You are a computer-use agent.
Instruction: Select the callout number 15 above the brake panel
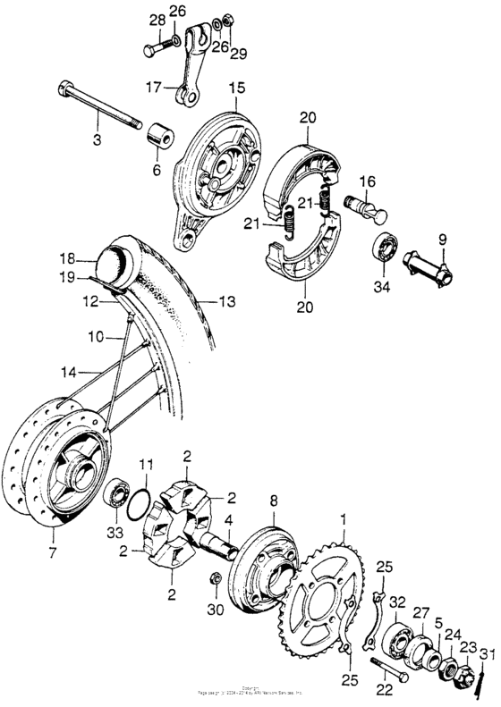coord(236,88)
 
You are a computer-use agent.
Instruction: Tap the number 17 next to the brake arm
coord(153,87)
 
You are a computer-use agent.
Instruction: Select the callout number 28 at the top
coord(156,20)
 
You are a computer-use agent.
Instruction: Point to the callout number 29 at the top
coord(237,55)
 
